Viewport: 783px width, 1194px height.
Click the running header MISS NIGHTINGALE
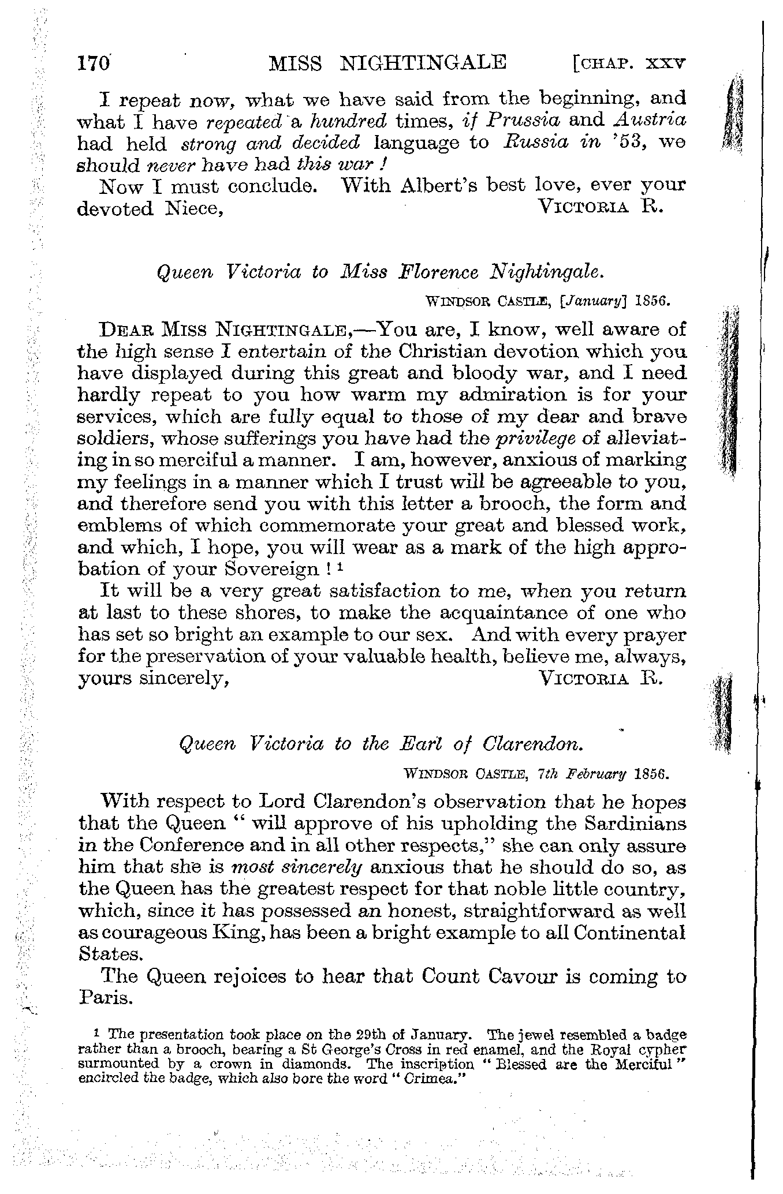[387, 62]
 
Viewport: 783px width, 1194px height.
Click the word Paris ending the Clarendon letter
[106, 999]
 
